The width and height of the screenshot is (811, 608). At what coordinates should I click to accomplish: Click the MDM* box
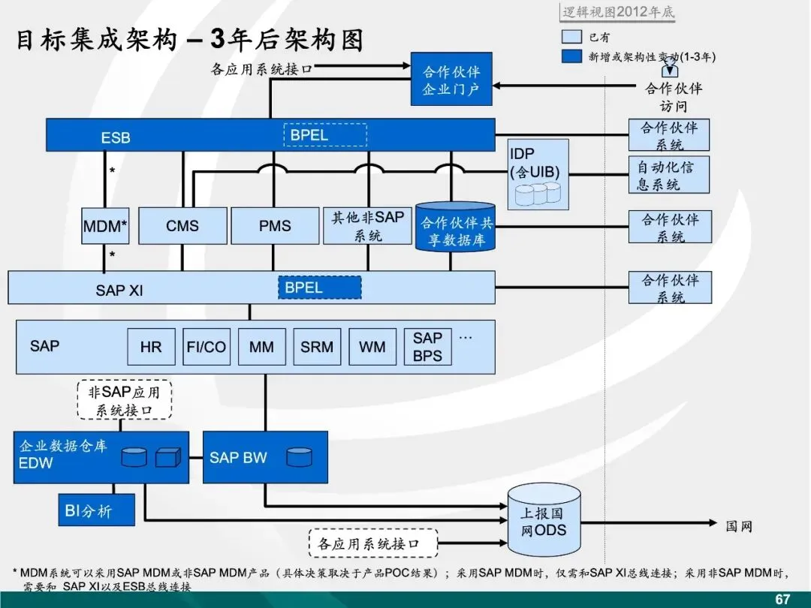coord(105,226)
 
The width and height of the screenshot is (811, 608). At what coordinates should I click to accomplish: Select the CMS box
coord(182,226)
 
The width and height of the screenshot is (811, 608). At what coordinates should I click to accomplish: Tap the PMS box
coord(275,226)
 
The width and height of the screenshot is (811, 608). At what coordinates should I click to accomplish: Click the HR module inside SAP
coord(151,347)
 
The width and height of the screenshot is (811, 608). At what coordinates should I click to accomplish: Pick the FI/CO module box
coord(207,347)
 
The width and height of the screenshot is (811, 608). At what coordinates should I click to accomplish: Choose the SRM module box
coord(317,347)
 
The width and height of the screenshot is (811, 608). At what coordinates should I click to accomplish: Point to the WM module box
coord(372,347)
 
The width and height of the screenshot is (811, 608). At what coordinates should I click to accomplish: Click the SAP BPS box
coord(427,347)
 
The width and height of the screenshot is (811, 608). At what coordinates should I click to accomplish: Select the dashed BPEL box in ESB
coord(324,135)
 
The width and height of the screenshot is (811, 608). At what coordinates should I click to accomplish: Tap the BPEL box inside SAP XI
coord(319,287)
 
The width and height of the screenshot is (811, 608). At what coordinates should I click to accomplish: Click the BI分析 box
coord(97,510)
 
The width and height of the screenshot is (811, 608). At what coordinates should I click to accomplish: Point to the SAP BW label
coord(238,457)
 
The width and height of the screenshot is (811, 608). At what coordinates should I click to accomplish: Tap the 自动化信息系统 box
coord(668,175)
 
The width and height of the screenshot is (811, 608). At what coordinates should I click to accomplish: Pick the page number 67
coord(782,598)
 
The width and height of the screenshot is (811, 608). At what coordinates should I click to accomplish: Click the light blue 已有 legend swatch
coord(571,37)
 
